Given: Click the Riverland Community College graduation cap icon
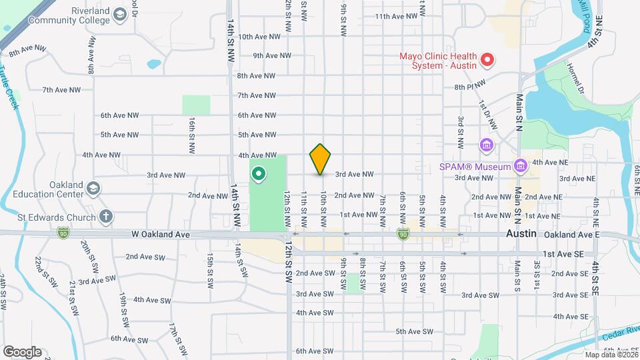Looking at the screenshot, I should click(120, 15).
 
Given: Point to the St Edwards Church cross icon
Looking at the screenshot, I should click(105, 215).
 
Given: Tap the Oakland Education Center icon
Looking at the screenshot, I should click(93, 189).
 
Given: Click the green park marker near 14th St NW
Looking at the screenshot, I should click(258, 175).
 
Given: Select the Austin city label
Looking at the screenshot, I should click(521, 235).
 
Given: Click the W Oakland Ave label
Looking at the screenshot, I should click(161, 235).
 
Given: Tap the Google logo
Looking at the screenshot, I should click(22, 351).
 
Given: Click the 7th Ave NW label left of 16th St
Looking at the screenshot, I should click(61, 89).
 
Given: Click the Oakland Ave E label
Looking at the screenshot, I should click(571, 235).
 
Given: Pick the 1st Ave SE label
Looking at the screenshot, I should click(563, 254).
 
